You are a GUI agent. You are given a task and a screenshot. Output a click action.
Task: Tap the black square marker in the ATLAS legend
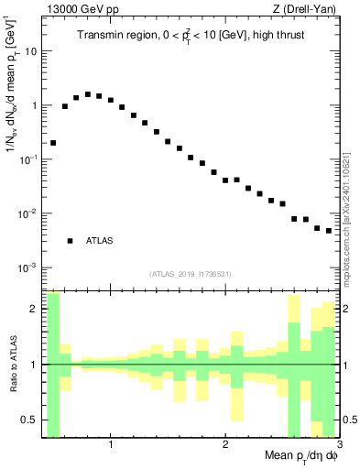(70, 241)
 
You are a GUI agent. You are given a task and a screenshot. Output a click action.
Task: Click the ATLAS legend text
(99, 241)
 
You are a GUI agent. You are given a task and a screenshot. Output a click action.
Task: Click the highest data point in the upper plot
(88, 94)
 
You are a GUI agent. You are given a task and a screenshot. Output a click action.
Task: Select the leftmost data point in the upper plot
(53, 143)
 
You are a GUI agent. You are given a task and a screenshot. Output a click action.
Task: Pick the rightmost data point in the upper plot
(329, 231)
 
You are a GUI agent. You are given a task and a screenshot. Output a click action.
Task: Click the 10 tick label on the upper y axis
(31, 51)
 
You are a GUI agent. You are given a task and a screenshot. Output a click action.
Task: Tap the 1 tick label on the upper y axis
(34, 105)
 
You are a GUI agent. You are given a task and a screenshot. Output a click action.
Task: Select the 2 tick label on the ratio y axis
(34, 309)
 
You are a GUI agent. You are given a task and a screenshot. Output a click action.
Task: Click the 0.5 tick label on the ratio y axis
(30, 420)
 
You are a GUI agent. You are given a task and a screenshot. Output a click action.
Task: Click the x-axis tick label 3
(338, 446)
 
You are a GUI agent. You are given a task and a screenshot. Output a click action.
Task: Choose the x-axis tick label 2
(225, 446)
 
